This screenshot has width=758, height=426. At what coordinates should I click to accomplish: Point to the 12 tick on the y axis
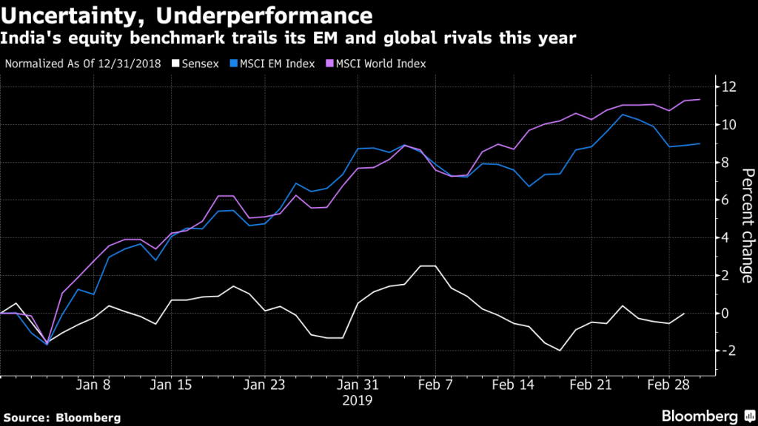729,87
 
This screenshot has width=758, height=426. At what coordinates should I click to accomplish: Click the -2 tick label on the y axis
729,351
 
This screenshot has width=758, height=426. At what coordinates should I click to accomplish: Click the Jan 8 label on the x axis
94,385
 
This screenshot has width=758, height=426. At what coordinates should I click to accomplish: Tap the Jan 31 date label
358,385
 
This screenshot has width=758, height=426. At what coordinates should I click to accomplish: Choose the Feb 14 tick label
514,385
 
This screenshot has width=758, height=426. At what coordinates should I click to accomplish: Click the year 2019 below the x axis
358,400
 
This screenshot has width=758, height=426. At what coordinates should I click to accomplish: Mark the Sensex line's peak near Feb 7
427,266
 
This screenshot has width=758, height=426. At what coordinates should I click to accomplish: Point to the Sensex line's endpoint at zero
684,313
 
